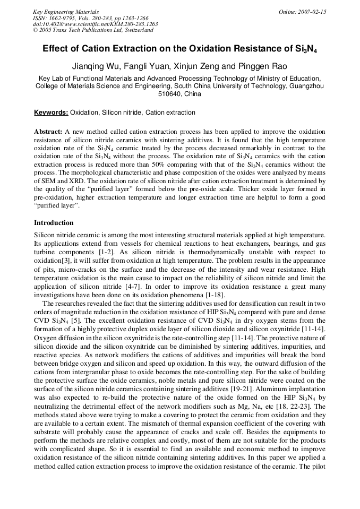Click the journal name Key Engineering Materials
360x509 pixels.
[x=65, y=11]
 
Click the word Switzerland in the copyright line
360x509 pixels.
[x=135, y=30]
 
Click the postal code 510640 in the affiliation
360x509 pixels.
[x=170, y=94]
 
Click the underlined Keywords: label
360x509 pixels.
[x=51, y=113]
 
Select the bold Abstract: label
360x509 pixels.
[x=48, y=131]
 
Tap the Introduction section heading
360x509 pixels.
[x=54, y=223]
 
